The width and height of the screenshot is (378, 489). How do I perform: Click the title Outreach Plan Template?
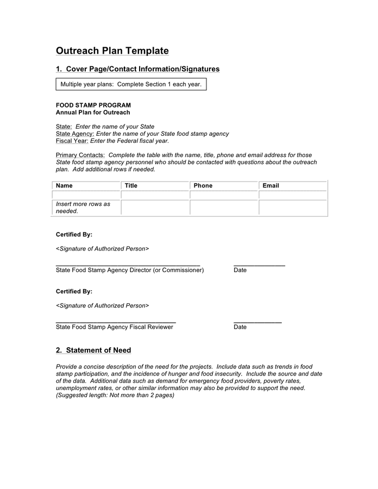pos(112,51)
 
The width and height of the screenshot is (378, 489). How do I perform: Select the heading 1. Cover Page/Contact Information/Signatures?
pos(137,69)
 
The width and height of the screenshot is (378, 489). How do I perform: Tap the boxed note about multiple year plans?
pos(131,84)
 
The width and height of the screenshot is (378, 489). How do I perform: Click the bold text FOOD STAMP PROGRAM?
pos(93,105)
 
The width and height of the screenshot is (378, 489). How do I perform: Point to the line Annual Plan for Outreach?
pos(93,112)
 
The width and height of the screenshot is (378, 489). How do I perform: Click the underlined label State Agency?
pos(75,134)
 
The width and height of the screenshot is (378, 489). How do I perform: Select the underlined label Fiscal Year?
pos(72,141)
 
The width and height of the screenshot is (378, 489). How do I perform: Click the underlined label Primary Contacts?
pos(80,155)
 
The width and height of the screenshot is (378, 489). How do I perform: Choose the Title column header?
pos(131,186)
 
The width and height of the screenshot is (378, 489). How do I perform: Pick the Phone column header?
pos(203,186)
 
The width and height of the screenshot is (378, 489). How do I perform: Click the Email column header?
pos(270,186)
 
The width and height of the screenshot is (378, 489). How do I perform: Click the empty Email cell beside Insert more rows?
pos(293,208)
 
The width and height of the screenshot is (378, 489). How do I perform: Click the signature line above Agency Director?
pos(128,265)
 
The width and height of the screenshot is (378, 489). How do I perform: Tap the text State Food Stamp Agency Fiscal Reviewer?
pos(115,327)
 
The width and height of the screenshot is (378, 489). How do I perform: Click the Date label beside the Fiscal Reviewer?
pos(240,327)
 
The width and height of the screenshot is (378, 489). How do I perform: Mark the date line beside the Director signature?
pos(259,265)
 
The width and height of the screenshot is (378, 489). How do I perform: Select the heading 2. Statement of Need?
pos(93,350)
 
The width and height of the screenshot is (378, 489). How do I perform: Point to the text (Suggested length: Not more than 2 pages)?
pos(115,396)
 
